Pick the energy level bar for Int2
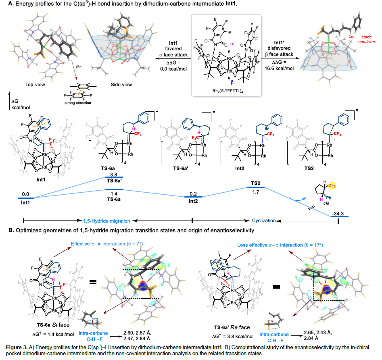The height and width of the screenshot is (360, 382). click(192, 197)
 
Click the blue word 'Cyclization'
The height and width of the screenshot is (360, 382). click(264, 221)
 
